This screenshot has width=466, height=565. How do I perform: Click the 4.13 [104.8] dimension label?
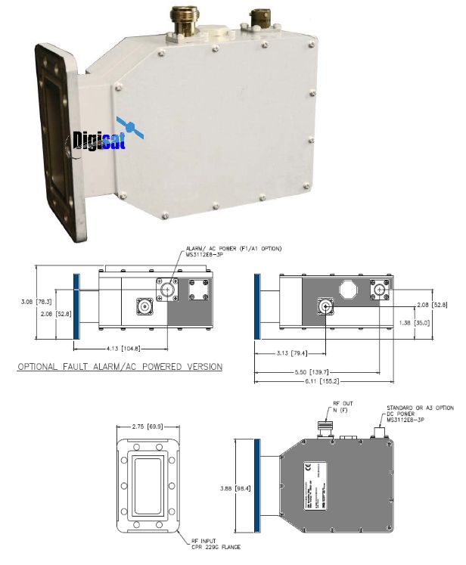click(x=125, y=348)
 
